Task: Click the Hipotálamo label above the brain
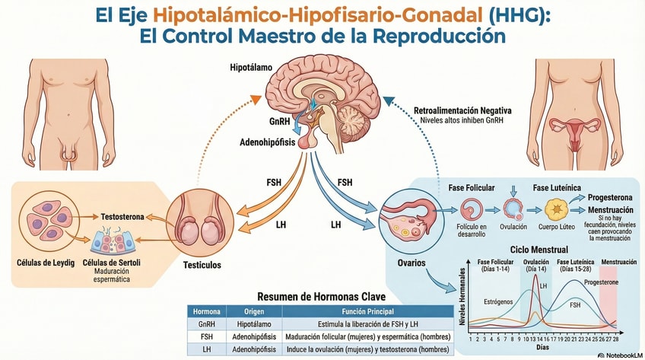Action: pos(251,68)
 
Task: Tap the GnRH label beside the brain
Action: pos(279,121)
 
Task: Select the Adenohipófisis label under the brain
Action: pos(268,142)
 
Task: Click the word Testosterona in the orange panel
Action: pos(122,216)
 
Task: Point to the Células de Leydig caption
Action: pos(46,263)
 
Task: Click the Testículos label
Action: pos(202,265)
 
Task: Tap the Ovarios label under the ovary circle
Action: pos(411,263)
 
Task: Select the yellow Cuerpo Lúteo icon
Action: pos(557,209)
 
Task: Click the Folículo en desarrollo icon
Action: pos(472,209)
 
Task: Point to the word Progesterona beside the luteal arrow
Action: pos(610,197)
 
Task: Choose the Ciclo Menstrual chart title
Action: pos(539,250)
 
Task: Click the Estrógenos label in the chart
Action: pos(498,301)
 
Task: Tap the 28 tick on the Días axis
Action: pos(615,339)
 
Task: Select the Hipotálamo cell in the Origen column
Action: pos(254,323)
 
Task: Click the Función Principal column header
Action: pos(367,311)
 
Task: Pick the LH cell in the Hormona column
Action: pos(206,349)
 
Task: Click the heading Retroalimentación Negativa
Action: pos(462,110)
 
